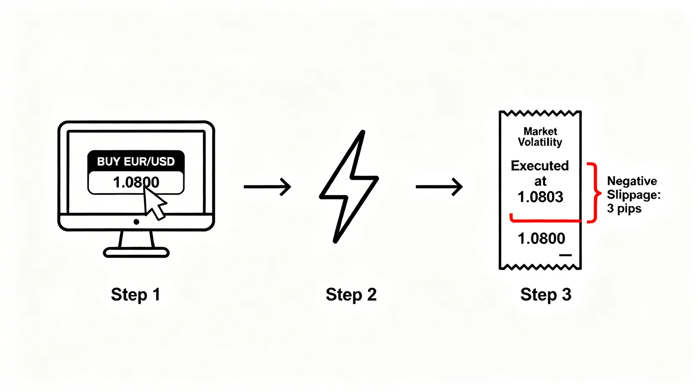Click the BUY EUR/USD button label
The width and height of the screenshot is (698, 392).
click(136, 161)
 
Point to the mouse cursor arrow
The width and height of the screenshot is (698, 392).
click(154, 203)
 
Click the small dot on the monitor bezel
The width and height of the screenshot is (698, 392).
click(136, 222)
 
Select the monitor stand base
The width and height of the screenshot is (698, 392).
click(136, 252)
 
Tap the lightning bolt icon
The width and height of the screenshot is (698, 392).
click(349, 187)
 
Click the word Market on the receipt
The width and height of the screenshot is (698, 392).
click(540, 131)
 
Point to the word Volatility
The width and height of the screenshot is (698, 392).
click(540, 142)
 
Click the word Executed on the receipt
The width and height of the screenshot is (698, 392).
click(540, 166)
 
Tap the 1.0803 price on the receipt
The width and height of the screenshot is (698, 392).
click(540, 197)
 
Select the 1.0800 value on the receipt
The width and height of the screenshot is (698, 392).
click(541, 238)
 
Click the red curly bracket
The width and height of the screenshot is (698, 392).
click(594, 193)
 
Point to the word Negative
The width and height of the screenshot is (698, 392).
click(632, 181)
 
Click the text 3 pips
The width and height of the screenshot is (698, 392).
click(624, 208)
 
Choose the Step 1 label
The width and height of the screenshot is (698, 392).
click(135, 295)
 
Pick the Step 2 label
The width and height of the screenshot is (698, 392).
click(351, 295)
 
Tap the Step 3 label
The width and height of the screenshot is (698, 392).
click(545, 295)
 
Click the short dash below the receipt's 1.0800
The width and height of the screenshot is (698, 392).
click(565, 255)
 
